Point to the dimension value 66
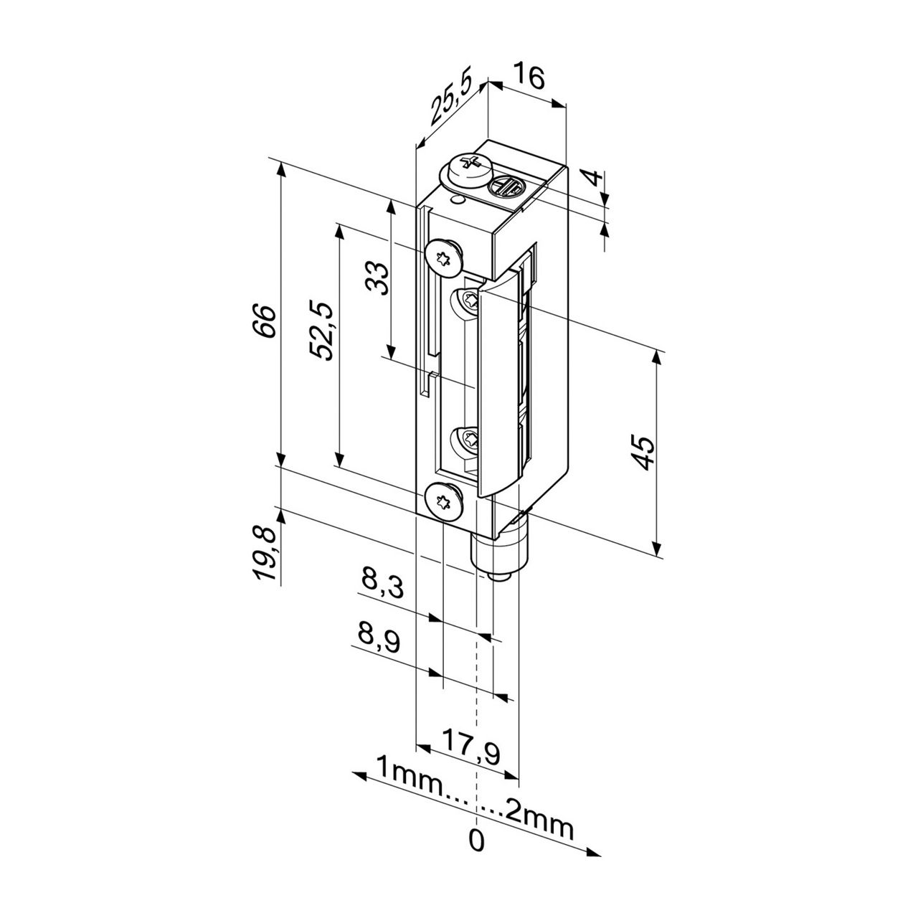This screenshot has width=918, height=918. pos(263,321)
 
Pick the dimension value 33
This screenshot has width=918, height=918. pos(377,278)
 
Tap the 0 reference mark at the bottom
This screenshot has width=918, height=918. pos(476,840)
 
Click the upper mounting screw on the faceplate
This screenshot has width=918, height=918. pos(443,256)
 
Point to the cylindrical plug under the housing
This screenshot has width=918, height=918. pos(498,552)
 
